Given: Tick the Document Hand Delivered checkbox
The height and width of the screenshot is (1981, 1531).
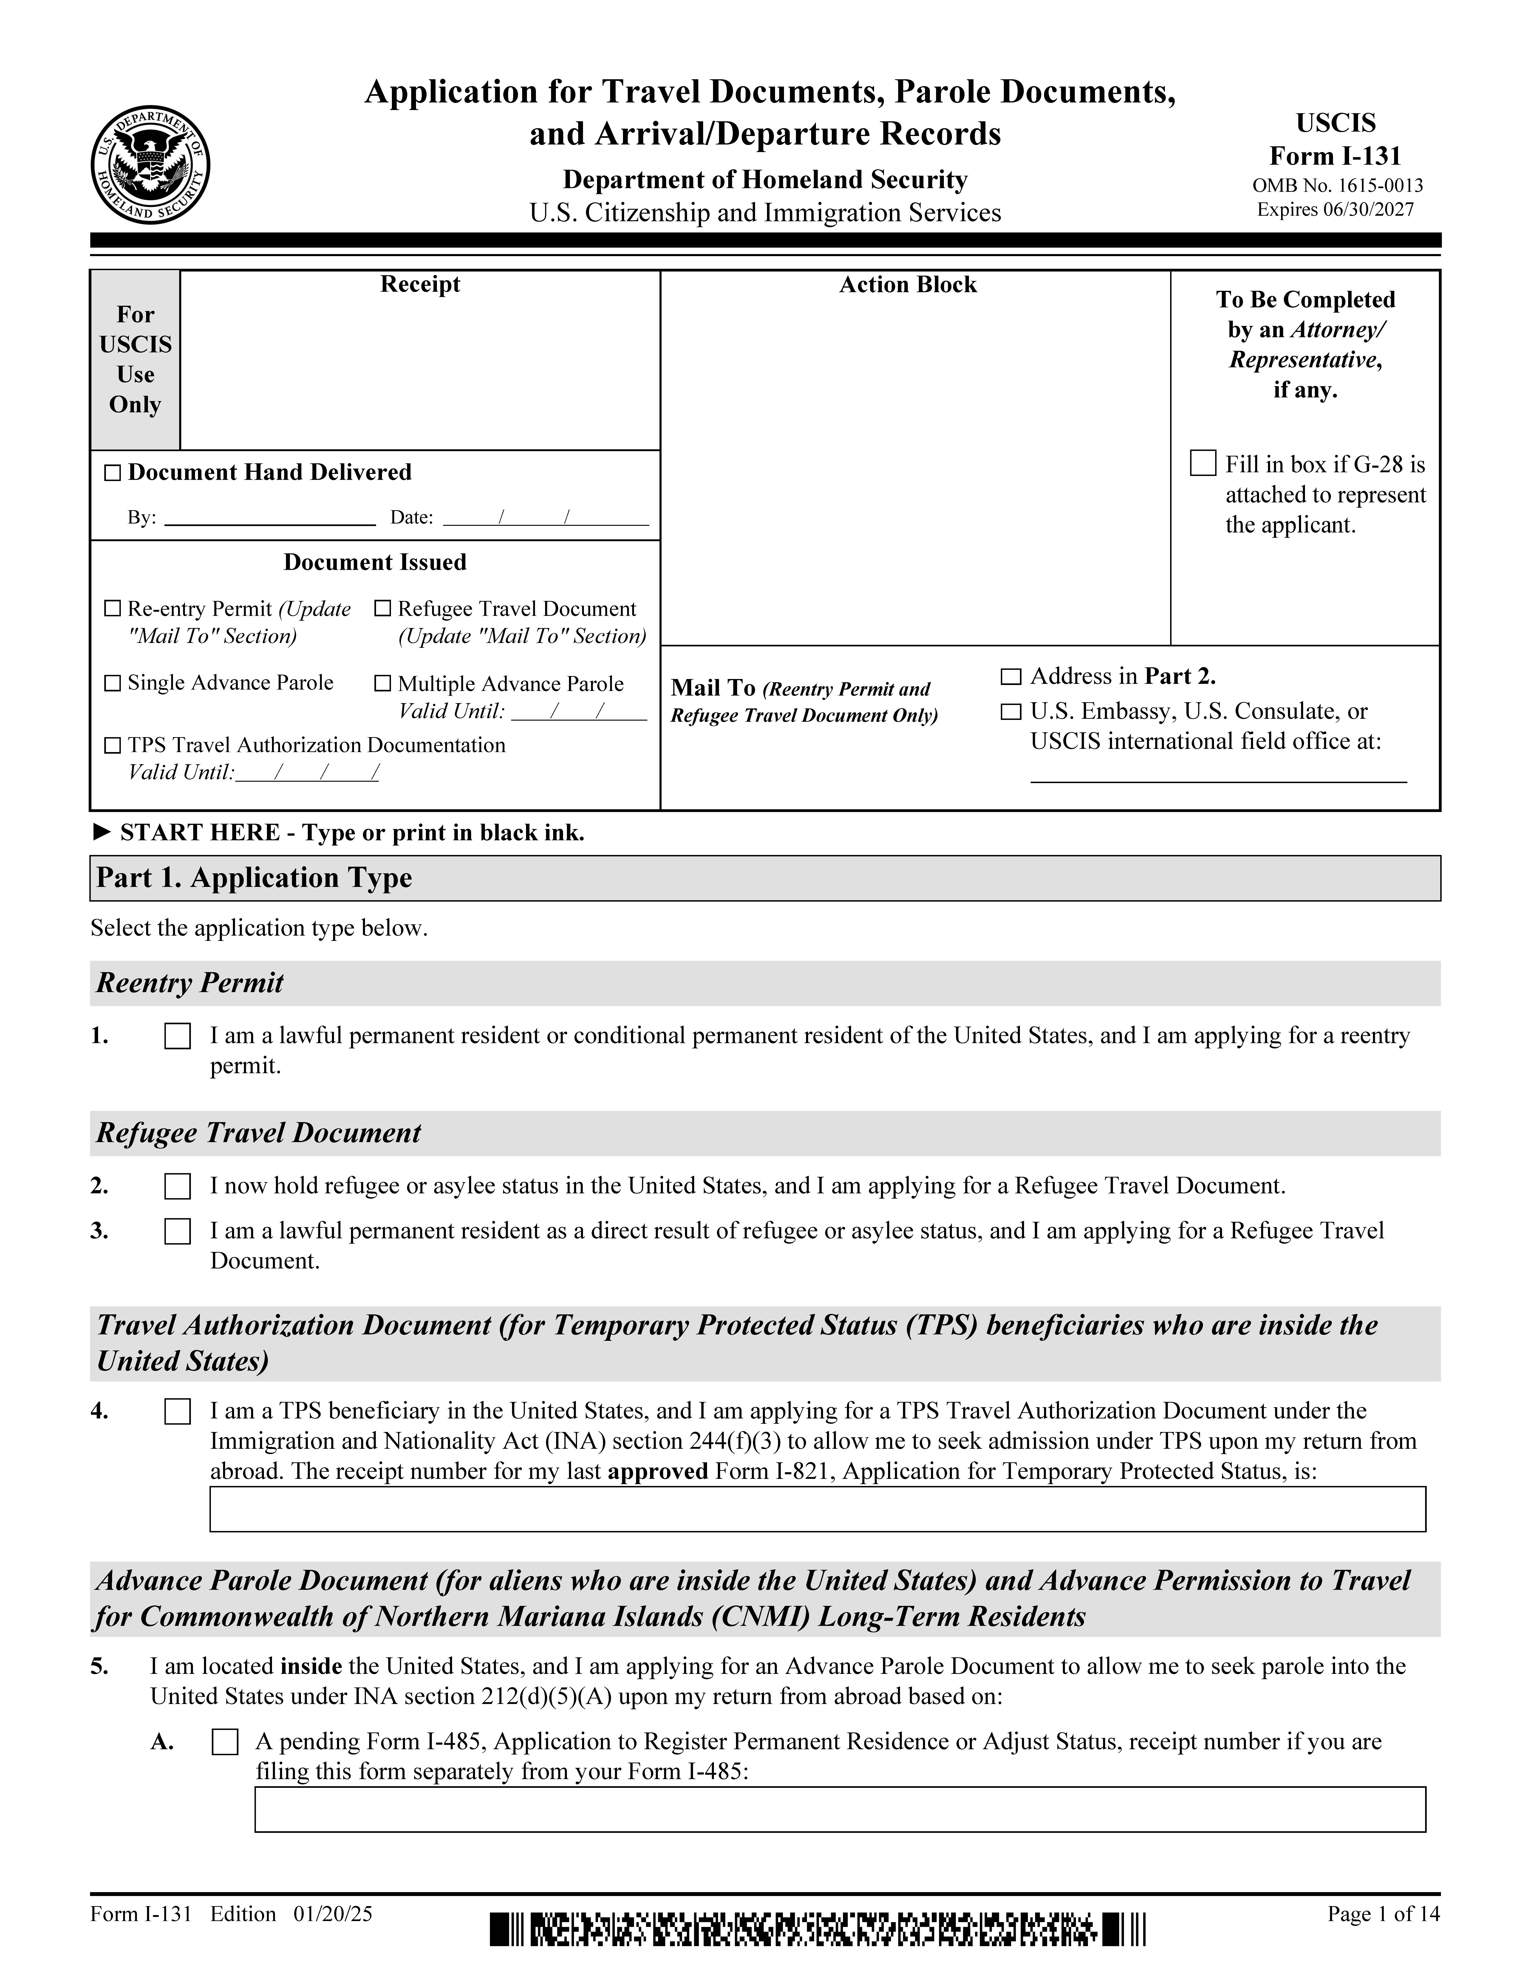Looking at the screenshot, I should pyautogui.click(x=113, y=473).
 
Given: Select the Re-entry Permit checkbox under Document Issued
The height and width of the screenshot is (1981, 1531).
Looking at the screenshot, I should pyautogui.click(x=113, y=609).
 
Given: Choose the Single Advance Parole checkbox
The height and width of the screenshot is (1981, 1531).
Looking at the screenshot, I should pyautogui.click(x=113, y=683).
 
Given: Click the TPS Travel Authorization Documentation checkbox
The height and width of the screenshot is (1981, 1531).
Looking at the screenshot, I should pyautogui.click(x=113, y=746).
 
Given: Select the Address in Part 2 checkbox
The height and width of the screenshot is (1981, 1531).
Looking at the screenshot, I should pyautogui.click(x=1010, y=677).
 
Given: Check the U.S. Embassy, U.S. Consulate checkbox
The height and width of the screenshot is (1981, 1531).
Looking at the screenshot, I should pyautogui.click(x=1010, y=712).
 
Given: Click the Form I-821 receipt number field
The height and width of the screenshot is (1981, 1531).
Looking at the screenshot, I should pyautogui.click(x=817, y=1509).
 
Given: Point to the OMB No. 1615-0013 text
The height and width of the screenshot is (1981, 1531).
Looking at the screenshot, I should pyautogui.click(x=1337, y=186).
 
